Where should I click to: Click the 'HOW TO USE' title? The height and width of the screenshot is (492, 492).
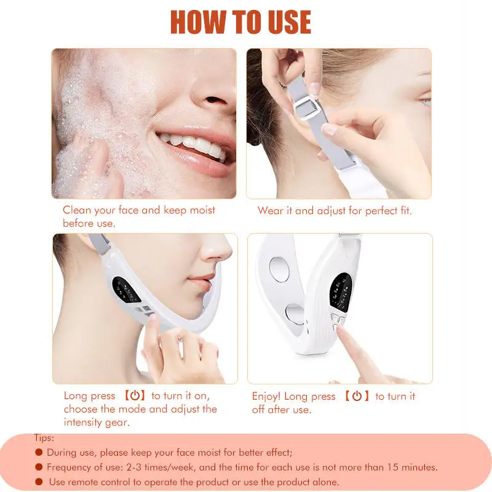[240, 23]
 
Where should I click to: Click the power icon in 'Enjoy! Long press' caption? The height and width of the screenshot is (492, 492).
[357, 397]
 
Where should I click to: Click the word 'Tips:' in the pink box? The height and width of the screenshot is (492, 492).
[44, 438]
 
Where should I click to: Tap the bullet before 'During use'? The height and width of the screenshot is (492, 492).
[39, 453]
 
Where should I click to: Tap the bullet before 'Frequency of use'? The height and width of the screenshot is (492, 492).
[39, 467]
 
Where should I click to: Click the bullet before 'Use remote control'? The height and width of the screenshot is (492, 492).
[39, 482]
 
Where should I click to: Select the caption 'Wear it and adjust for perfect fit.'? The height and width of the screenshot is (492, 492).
[335, 211]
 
